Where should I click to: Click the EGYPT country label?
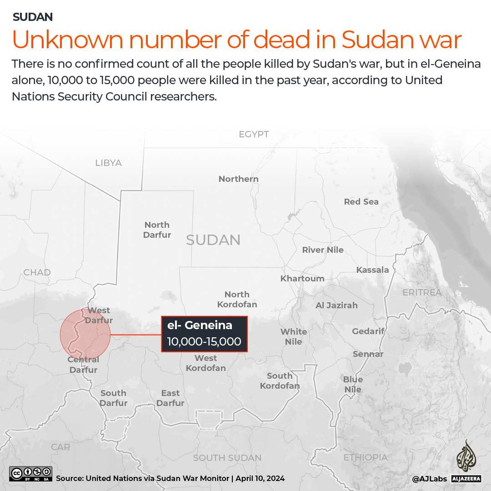pos(254,134)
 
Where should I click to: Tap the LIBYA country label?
pos(108,163)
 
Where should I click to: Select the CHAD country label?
pos(37,272)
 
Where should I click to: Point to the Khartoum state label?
pos(302,278)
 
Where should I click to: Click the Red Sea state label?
pos(361,201)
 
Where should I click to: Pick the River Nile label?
pos(323,250)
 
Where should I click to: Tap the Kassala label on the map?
pos(372,270)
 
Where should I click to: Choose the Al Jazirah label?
pos(336,305)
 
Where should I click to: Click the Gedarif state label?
pos(368,331)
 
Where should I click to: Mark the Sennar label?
pos(368,354)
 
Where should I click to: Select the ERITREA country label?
pos(422,292)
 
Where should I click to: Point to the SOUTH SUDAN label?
pos(227,458)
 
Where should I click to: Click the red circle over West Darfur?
pos(85,334)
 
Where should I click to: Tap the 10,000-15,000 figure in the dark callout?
pos(204,341)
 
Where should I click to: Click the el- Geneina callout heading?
pos(200,325)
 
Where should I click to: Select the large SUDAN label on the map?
pos(213,240)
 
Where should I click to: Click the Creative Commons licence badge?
pos(30,474)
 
